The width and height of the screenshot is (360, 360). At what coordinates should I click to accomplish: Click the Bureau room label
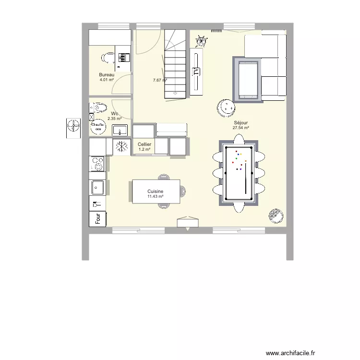click(x=107, y=74)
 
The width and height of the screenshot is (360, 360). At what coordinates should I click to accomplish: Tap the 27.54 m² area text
click(x=240, y=128)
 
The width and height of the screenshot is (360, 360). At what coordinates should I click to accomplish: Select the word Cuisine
click(x=156, y=191)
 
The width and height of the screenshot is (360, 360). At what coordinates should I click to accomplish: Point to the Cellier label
click(x=144, y=144)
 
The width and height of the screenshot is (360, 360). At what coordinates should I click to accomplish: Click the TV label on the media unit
click(x=196, y=72)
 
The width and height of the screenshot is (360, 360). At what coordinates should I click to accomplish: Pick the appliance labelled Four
click(x=98, y=218)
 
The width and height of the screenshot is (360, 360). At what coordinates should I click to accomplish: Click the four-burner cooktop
click(x=98, y=164)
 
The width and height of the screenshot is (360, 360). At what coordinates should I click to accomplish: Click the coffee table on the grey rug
click(x=248, y=79)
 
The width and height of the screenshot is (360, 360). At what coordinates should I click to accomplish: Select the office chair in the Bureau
click(x=106, y=58)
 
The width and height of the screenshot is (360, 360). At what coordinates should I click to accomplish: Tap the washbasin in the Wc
click(x=120, y=130)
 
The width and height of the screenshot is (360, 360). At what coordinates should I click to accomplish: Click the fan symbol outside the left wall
click(x=73, y=126)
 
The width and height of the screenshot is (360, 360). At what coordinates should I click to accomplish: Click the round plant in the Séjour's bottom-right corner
click(x=276, y=216)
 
